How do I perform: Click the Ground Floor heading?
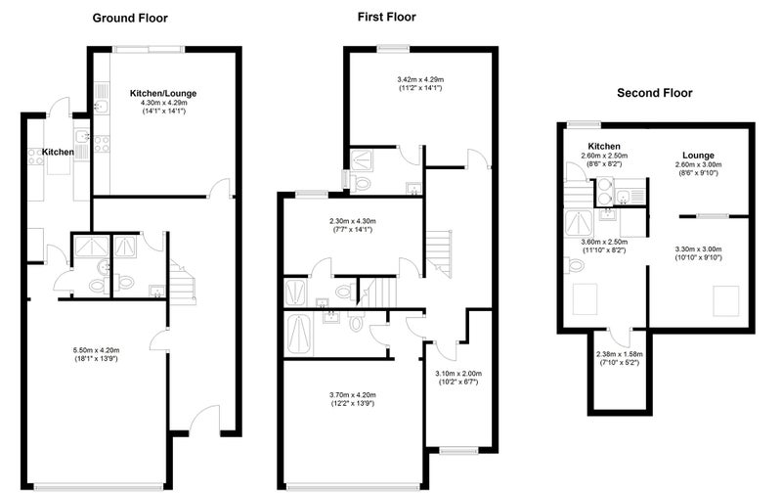point(130,19)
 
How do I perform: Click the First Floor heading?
point(386,17)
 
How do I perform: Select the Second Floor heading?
point(654,93)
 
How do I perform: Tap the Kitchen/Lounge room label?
point(163,93)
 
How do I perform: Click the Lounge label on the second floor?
point(698,156)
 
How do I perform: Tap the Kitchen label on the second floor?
point(604,146)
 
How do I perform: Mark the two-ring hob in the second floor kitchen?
point(604,191)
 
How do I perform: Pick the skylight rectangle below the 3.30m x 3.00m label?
point(725,301)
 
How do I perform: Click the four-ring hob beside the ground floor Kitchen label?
point(35,157)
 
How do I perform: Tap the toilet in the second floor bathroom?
point(575,265)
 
